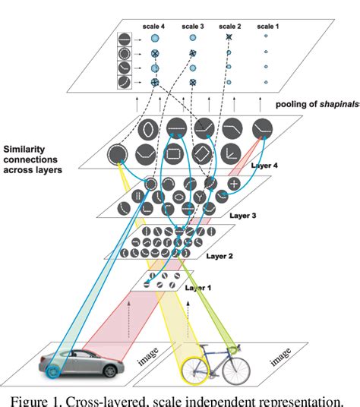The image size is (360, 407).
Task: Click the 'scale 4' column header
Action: tap(155, 25)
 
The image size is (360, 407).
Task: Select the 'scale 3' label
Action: tap(192, 25)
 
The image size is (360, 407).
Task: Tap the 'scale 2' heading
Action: tap(229, 25)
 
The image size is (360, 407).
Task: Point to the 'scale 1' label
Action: tap(266, 25)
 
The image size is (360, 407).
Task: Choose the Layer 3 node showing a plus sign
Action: tap(234, 185)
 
